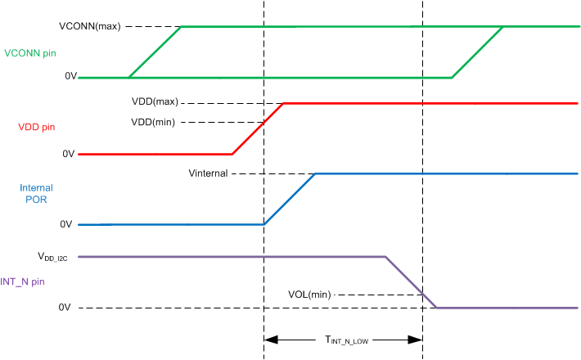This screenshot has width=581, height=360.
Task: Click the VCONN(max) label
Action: pos(90,26)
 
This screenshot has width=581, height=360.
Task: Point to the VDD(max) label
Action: pos(155,102)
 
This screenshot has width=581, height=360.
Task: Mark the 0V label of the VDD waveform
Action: pos(70,153)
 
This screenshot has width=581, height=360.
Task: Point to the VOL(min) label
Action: pos(309,294)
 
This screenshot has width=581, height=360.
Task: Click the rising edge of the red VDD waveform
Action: pos(258,128)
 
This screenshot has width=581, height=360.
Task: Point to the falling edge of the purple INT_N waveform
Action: pos(411,282)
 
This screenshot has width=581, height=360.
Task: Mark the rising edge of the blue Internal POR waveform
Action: pos(290,199)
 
